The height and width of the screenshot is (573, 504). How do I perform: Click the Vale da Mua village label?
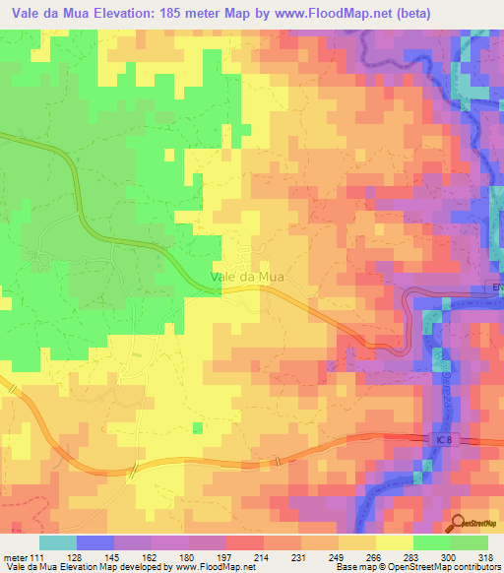[248, 277]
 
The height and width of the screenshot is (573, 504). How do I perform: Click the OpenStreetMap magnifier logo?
[461, 527]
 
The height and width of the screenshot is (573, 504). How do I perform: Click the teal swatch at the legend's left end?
[57, 541]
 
